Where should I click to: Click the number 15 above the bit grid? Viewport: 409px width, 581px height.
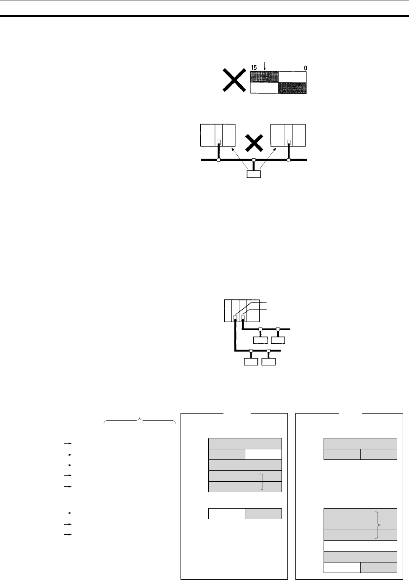coord(254,67)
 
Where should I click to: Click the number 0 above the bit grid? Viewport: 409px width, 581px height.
coord(304,67)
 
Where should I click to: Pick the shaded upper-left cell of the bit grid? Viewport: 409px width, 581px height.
coord(264,77)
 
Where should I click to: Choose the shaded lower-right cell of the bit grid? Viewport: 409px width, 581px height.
coord(292,88)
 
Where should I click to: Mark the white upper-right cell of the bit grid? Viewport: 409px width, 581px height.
coord(292,77)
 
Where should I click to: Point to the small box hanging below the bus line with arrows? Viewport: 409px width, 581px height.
coord(253,174)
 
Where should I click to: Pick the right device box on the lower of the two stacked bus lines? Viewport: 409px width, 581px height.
coord(268,361)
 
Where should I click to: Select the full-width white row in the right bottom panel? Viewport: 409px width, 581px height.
coord(360,546)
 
